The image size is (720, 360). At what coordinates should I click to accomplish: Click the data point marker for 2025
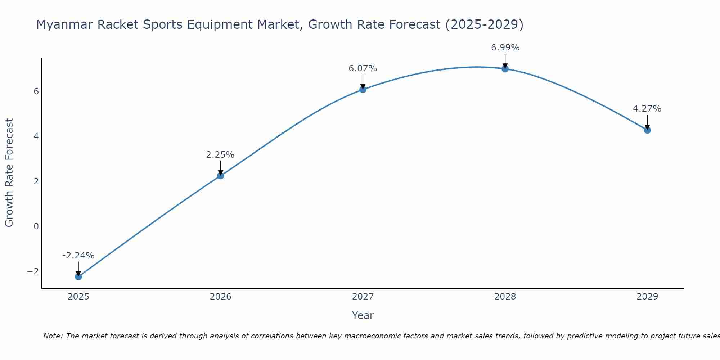pyautogui.click(x=78, y=276)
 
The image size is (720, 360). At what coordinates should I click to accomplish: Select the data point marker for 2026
pyautogui.click(x=221, y=176)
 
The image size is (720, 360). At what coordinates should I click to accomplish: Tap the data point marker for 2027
pyautogui.click(x=363, y=89)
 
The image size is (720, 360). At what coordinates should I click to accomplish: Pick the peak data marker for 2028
pyautogui.click(x=505, y=69)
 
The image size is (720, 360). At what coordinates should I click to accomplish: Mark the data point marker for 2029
pyautogui.click(x=647, y=130)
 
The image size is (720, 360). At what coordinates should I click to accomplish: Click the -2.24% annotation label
pyautogui.click(x=78, y=256)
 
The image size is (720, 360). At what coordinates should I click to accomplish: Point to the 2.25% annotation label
pyautogui.click(x=220, y=155)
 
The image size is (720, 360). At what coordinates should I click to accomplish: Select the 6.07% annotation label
pyautogui.click(x=363, y=68)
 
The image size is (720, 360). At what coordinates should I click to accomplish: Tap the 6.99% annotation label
pyautogui.click(x=505, y=48)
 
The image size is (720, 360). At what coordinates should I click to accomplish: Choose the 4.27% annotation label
pyautogui.click(x=647, y=109)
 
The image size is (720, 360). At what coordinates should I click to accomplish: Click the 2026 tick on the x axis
pyautogui.click(x=221, y=297)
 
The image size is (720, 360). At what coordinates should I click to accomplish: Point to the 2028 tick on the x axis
pyautogui.click(x=505, y=297)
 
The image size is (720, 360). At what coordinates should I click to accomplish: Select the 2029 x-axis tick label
pyautogui.click(x=647, y=297)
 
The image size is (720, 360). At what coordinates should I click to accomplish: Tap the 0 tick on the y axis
pyautogui.click(x=36, y=226)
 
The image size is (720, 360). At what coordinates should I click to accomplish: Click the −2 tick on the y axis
pyautogui.click(x=33, y=271)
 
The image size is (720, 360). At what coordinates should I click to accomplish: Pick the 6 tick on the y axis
pyautogui.click(x=36, y=91)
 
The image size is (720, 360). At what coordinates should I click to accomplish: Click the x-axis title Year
pyautogui.click(x=363, y=315)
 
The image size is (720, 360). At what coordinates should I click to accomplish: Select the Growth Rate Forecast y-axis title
pyautogui.click(x=9, y=173)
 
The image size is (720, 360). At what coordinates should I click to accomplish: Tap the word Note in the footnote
pyautogui.click(x=53, y=336)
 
